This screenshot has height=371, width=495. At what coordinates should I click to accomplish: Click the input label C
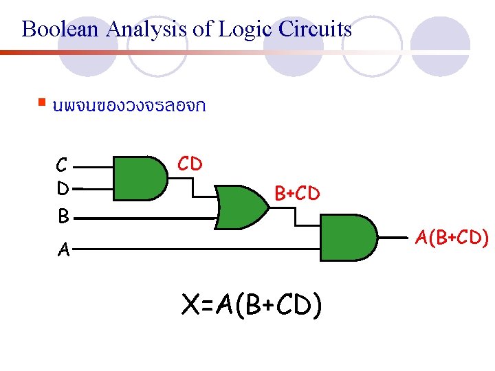tap(62, 166)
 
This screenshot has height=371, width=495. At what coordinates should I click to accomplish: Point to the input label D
tap(63, 188)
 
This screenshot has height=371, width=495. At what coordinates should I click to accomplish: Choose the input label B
tap(63, 217)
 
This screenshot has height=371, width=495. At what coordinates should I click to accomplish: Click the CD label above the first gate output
tap(190, 164)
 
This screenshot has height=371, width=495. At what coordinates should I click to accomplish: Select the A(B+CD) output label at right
tap(452, 238)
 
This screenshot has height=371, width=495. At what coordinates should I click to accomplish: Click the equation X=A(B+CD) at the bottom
tap(251, 305)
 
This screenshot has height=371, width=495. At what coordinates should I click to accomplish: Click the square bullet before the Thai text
tap(43, 103)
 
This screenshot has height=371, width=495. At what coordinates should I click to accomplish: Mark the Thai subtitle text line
tap(127, 106)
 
